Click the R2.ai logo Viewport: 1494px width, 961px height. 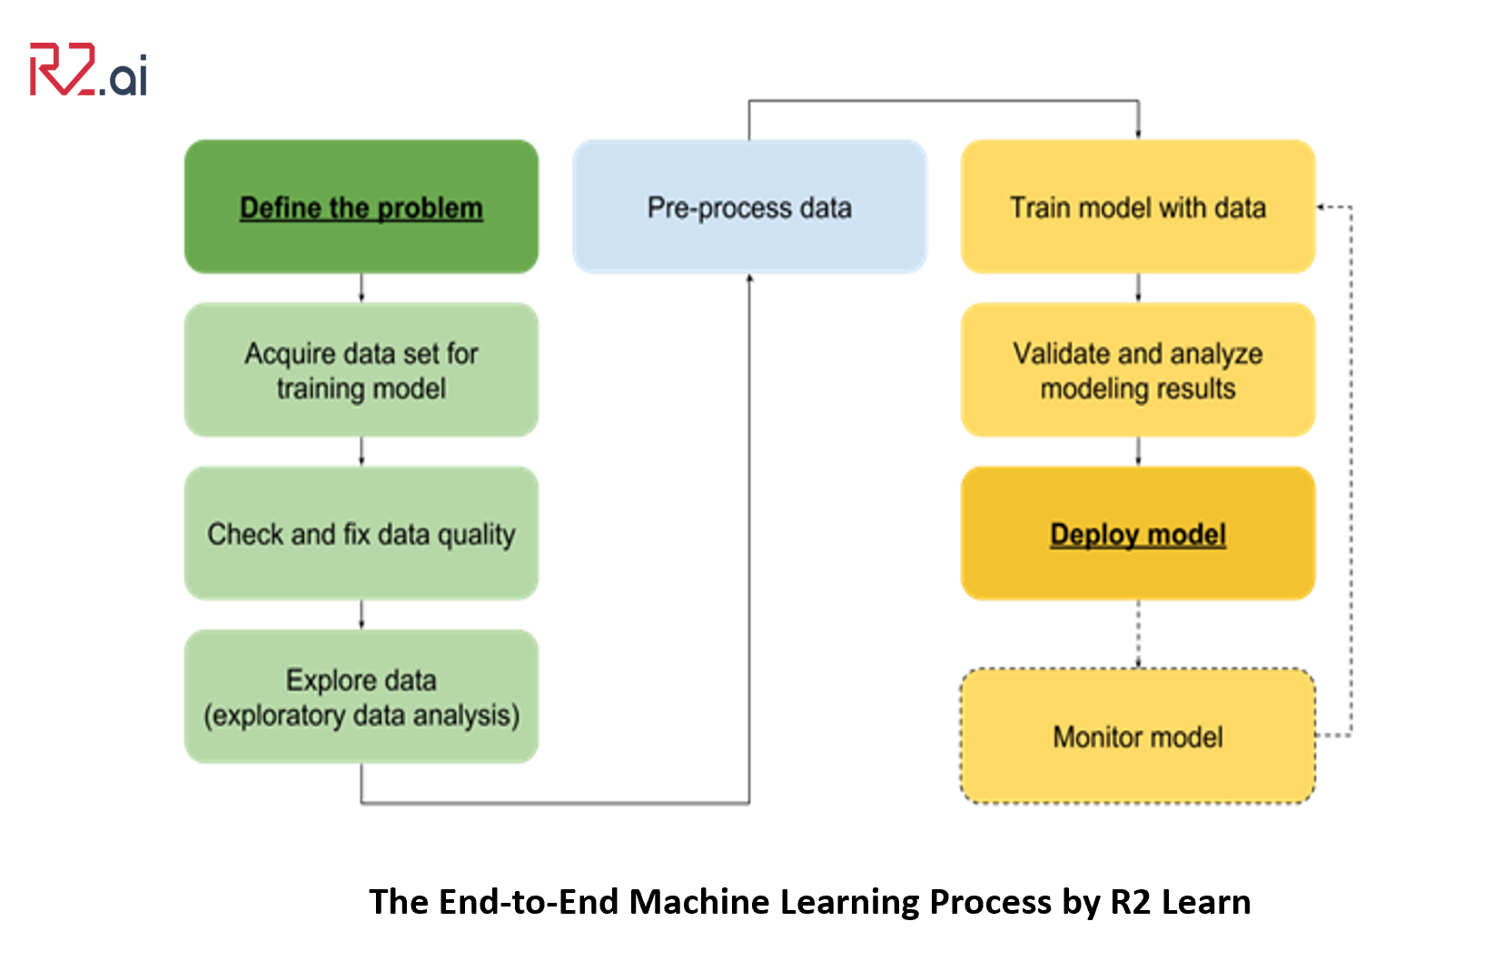[88, 70]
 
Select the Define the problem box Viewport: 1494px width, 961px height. [361, 207]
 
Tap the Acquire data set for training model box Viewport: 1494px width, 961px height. [361, 371]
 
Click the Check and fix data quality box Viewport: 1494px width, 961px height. [361, 534]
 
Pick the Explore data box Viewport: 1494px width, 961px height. [361, 697]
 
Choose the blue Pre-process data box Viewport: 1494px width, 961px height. [749, 207]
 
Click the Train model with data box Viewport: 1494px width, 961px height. [1137, 207]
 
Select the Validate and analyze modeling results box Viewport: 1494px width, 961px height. [1137, 371]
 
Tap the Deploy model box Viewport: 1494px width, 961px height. [1137, 534]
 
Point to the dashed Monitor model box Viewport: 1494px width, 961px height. [1137, 737]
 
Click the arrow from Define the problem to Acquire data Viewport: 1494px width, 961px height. [361, 288]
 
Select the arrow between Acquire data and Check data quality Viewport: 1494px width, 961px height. [361, 451]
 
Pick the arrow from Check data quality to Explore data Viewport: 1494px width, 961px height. [361, 614]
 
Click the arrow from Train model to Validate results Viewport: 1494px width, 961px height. [1138, 288]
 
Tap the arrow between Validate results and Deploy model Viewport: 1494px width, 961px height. [1138, 451]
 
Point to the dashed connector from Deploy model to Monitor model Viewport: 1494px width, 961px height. [1138, 634]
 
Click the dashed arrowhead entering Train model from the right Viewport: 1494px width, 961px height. [1322, 207]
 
